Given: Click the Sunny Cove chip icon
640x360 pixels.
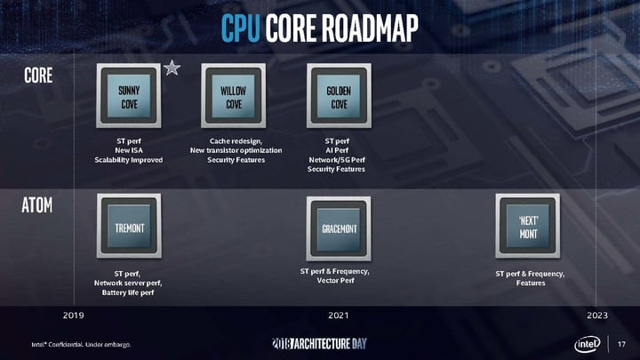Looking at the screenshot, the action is click(129, 95).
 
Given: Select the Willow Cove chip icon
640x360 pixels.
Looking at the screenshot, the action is click(234, 95).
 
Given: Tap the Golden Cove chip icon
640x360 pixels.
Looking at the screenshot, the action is click(339, 95).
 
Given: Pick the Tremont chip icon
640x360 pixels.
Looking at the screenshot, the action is click(129, 226).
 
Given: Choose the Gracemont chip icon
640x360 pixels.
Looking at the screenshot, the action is click(339, 228).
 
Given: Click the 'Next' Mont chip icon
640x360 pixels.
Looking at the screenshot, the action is click(528, 226).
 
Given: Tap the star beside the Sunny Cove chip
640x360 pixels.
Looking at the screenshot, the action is click(172, 68).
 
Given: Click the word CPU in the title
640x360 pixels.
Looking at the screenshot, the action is click(240, 28).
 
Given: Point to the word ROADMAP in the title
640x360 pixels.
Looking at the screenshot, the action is click(370, 28).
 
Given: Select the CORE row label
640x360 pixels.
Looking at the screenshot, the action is click(38, 76).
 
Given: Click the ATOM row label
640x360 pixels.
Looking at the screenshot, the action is click(37, 205).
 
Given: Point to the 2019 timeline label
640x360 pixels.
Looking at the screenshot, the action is click(74, 315).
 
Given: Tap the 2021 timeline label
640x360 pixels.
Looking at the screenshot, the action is click(339, 315).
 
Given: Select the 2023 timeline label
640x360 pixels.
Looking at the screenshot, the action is click(597, 315).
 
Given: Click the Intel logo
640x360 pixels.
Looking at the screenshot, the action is click(588, 344).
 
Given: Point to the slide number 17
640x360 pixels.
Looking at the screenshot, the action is click(621, 344).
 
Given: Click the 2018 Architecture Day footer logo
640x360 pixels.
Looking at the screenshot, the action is click(320, 344).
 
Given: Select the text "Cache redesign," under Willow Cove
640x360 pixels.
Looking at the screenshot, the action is click(236, 141).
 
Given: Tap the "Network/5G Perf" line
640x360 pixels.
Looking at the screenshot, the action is click(337, 160).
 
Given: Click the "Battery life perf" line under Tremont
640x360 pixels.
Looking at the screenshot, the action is click(128, 292).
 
